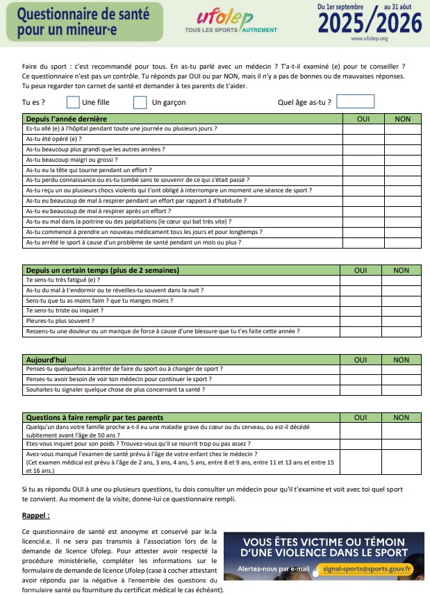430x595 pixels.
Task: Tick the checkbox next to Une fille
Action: (x=73, y=102)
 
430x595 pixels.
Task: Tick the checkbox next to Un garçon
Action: (x=140, y=102)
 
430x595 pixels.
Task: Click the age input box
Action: (x=355, y=101)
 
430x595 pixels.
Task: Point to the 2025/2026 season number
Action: (x=370, y=23)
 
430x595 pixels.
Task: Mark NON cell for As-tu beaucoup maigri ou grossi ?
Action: (x=402, y=160)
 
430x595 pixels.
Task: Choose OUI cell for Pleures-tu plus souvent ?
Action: (x=361, y=321)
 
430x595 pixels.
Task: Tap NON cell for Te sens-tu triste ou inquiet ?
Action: (x=402, y=310)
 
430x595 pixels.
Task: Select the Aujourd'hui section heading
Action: (x=45, y=360)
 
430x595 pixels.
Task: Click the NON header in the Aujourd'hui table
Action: (x=402, y=360)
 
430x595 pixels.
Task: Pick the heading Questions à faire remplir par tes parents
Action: (x=94, y=417)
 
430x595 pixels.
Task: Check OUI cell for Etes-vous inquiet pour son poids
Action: (x=361, y=443)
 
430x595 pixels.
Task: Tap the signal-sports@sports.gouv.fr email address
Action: (x=367, y=569)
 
